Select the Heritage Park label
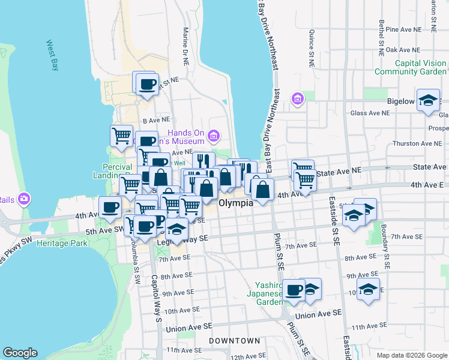(x=61, y=243)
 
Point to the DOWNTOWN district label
(x=235, y=341)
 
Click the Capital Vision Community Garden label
(x=411, y=67)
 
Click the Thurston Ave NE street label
(x=415, y=143)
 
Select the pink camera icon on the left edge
(x=23, y=199)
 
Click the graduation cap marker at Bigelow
(x=428, y=100)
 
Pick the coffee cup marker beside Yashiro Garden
(x=294, y=290)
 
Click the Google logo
(x=20, y=353)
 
